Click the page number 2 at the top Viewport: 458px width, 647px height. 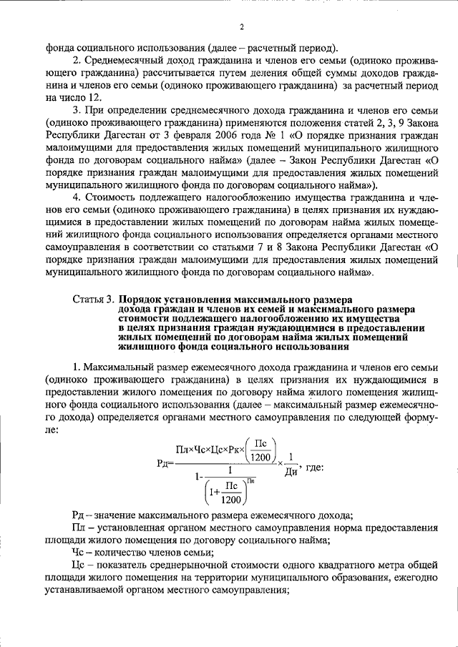click(242, 28)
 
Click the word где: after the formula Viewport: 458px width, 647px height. click(314, 467)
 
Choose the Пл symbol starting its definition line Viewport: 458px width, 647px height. click(79, 528)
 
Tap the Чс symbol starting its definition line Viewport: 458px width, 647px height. click(79, 553)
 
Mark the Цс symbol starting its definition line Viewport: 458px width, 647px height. click(79, 565)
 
